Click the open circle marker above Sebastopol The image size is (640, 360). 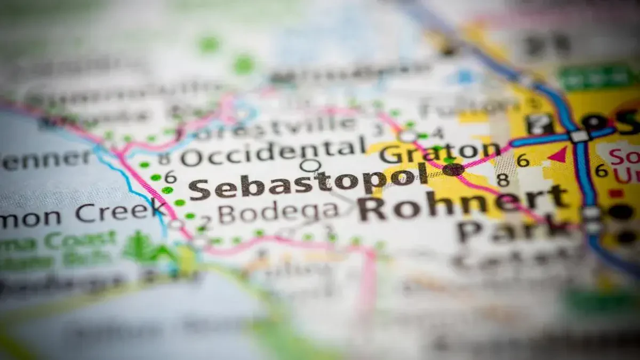(310, 166)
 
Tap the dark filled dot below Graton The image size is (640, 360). (453, 170)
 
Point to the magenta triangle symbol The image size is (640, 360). (558, 155)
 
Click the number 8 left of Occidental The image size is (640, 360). (164, 158)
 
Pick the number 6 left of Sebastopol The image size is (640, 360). (170, 177)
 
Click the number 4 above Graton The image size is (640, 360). (438, 132)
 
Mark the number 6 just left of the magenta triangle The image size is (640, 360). (523, 160)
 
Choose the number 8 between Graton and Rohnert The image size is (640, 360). (502, 180)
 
